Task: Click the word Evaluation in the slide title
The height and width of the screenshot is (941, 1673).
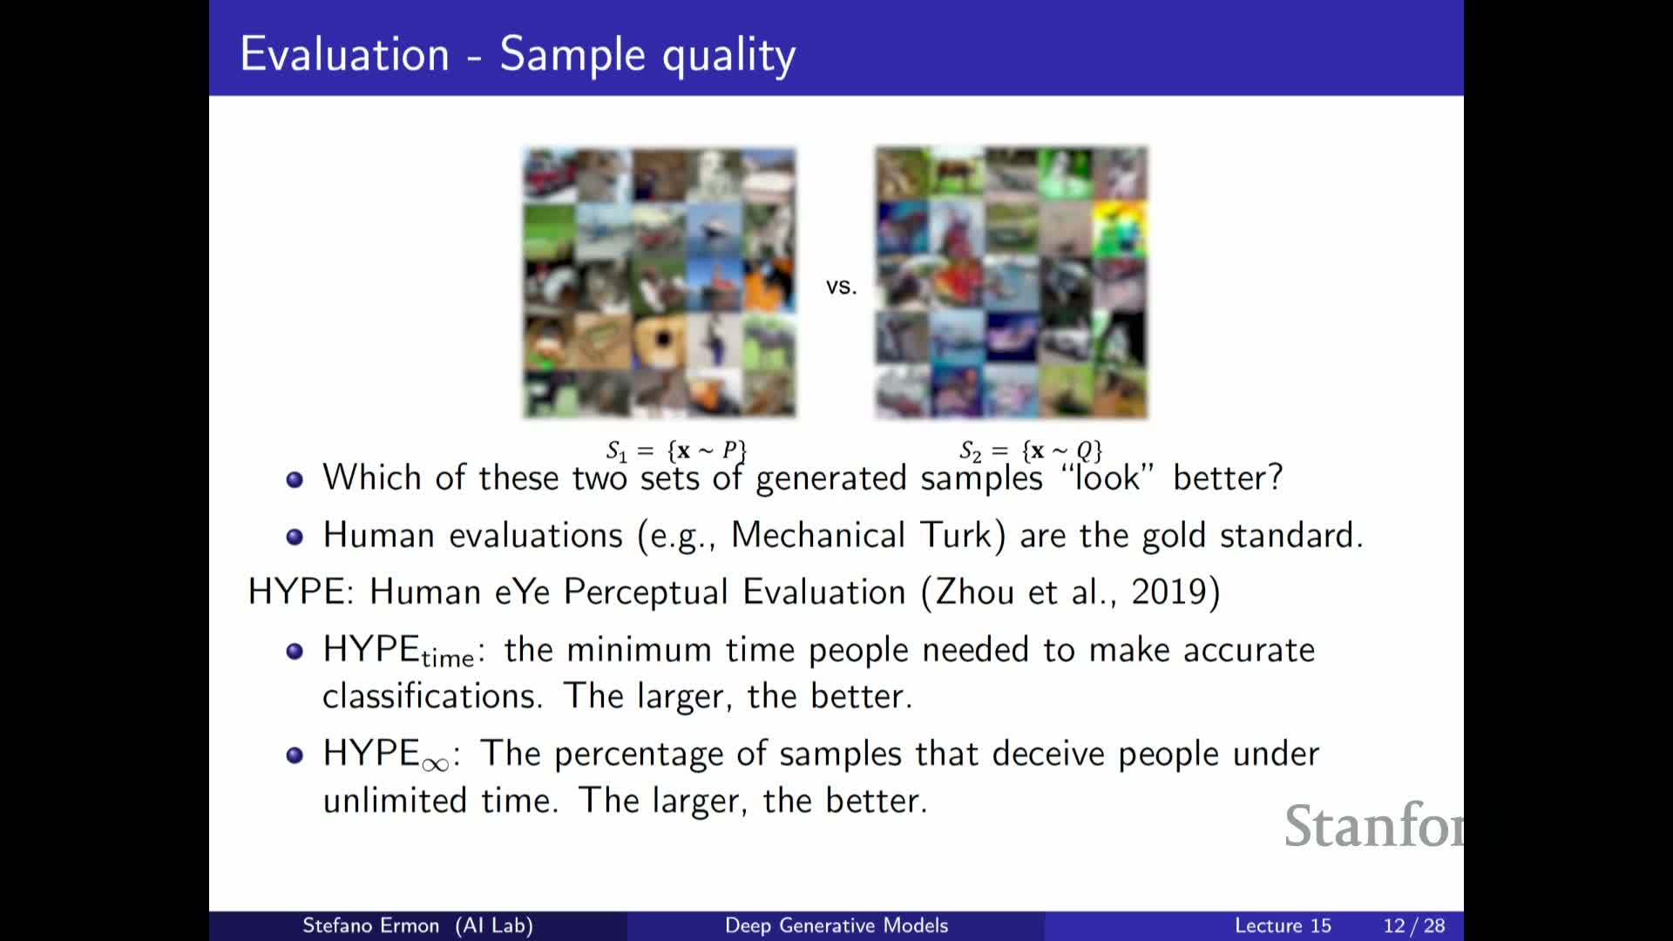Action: [x=345, y=54]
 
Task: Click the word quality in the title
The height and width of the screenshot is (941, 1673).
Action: [x=729, y=57]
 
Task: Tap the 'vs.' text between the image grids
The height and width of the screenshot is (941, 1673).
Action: [x=841, y=287]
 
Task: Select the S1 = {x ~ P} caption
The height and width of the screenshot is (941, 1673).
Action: [x=676, y=450]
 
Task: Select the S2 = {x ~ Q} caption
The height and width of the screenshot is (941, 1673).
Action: [x=1031, y=450]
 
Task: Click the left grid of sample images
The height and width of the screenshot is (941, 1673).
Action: [x=660, y=283]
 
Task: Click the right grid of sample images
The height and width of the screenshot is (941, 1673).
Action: [x=1012, y=283]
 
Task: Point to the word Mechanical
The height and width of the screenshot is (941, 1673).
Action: [x=818, y=535]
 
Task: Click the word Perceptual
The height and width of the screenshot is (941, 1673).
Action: [x=646, y=593]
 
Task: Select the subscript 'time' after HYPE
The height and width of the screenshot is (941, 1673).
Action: [x=448, y=659]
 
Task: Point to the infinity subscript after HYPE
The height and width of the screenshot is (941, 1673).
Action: [x=435, y=765]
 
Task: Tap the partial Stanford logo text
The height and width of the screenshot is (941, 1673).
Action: [x=1374, y=825]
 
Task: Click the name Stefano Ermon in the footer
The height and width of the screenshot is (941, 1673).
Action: [x=370, y=925]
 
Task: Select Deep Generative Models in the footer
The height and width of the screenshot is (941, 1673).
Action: [x=836, y=925]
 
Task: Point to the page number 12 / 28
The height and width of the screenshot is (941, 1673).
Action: [x=1414, y=925]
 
